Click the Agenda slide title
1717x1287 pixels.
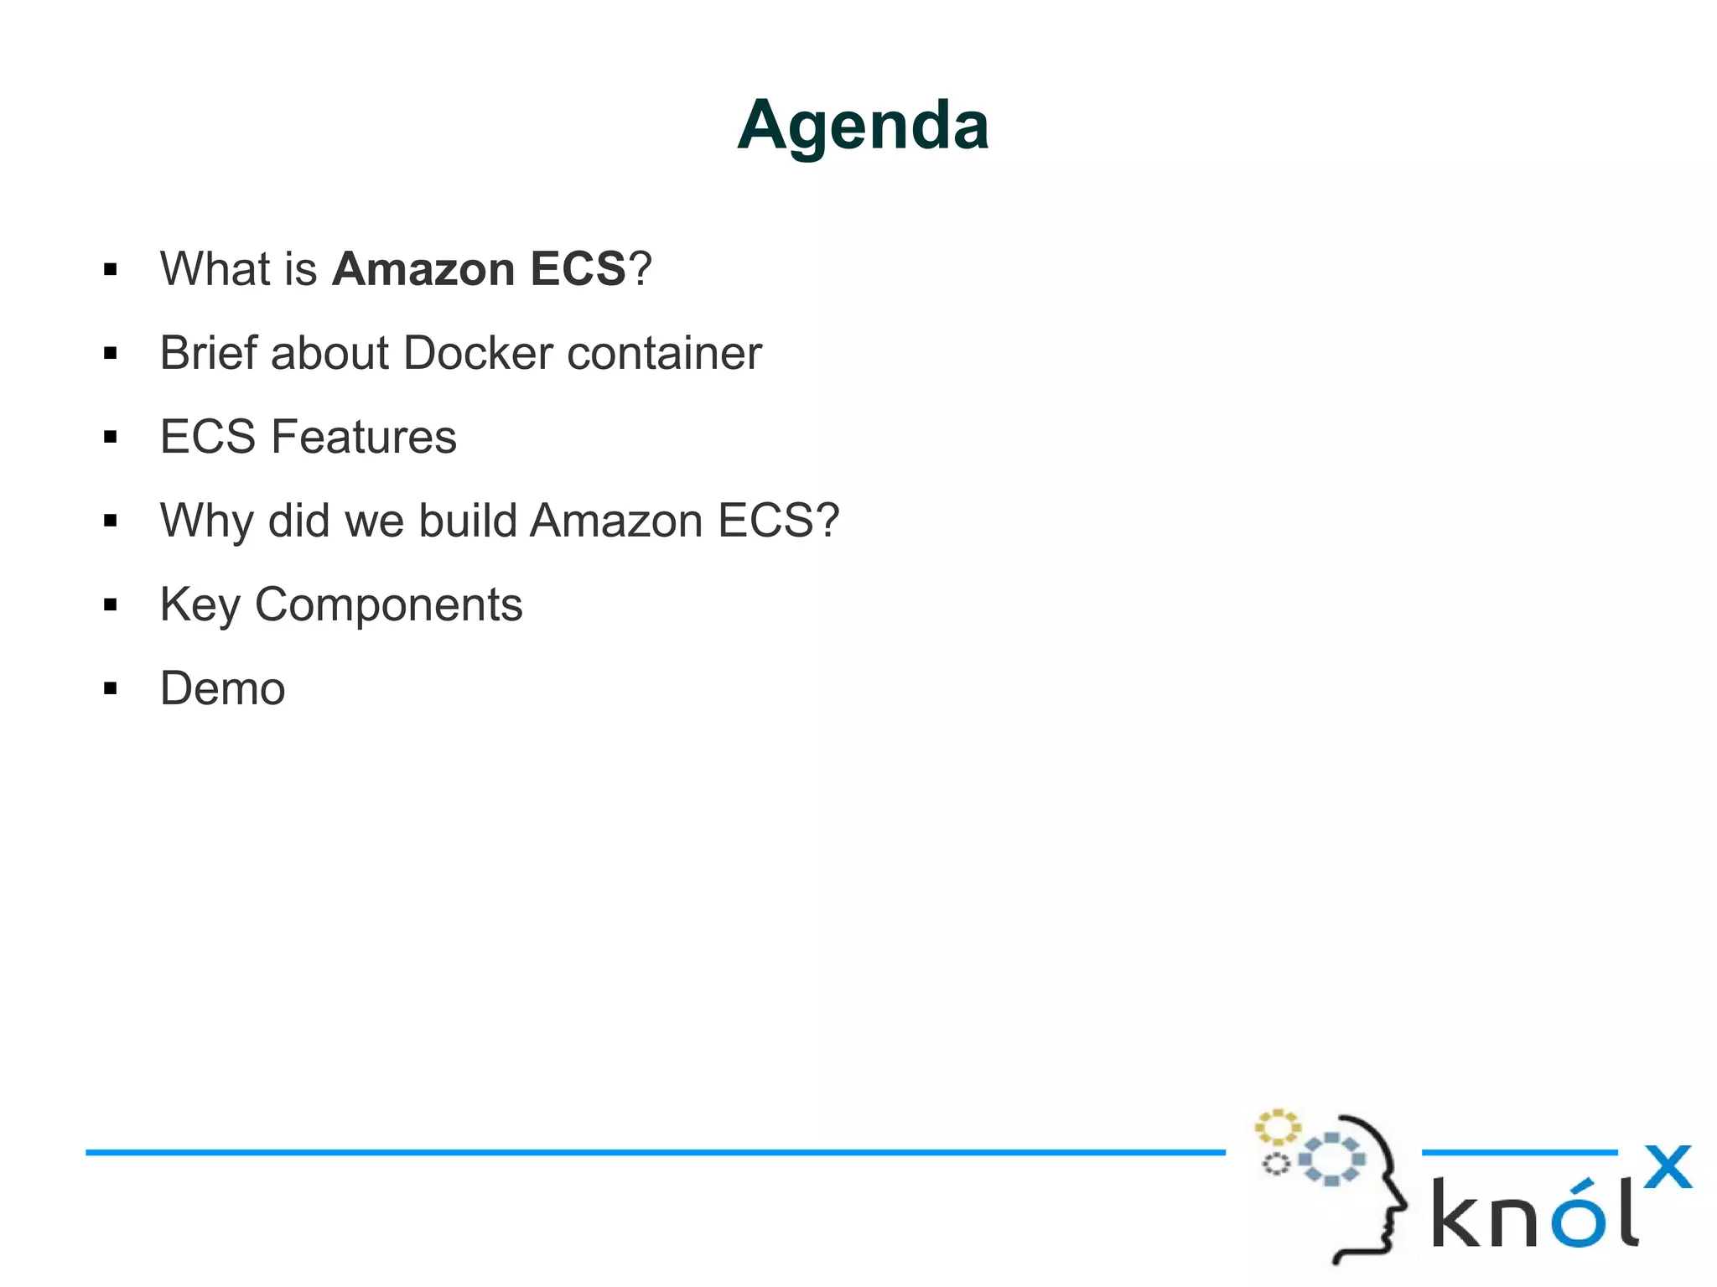click(x=863, y=126)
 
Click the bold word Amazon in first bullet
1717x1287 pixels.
click(x=423, y=269)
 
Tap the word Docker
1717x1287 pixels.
click(x=479, y=353)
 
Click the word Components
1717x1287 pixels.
click(x=388, y=605)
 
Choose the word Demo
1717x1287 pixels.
click(x=223, y=689)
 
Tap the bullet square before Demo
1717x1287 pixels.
click(x=111, y=689)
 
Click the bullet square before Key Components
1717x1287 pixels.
click(x=111, y=605)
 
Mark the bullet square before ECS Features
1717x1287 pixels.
click(x=111, y=438)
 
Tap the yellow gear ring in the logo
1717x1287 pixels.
click(x=1277, y=1128)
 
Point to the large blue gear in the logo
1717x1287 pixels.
click(x=1331, y=1160)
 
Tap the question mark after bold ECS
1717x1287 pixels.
click(x=641, y=269)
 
